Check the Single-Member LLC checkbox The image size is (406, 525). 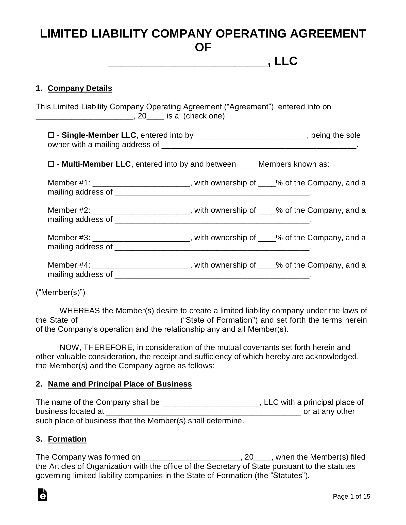(50, 135)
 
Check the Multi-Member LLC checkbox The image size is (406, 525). (50, 164)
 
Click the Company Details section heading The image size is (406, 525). (80, 88)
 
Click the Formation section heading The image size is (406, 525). (67, 439)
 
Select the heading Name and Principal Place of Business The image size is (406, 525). (120, 384)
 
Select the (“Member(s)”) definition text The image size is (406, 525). (60, 292)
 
